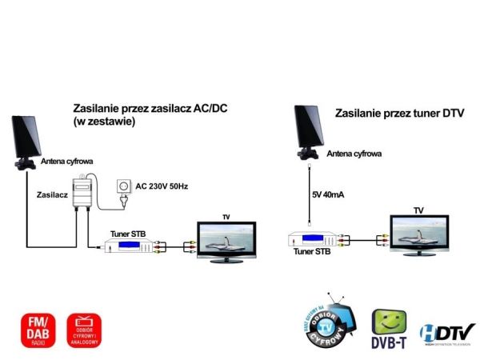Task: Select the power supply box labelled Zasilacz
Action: pyautogui.click(x=82, y=196)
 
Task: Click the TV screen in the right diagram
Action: pyautogui.click(x=418, y=232)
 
